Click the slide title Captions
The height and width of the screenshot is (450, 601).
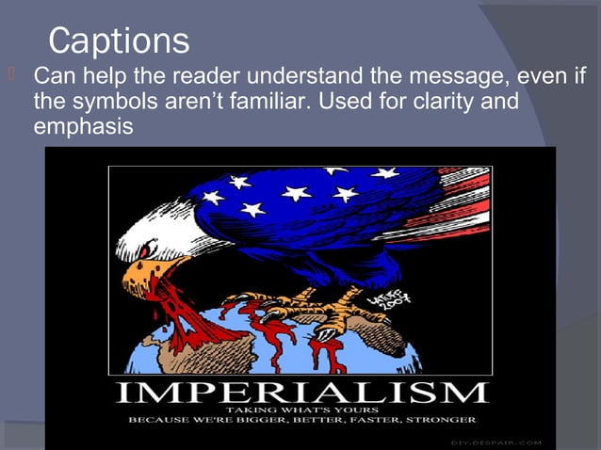click(x=119, y=40)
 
